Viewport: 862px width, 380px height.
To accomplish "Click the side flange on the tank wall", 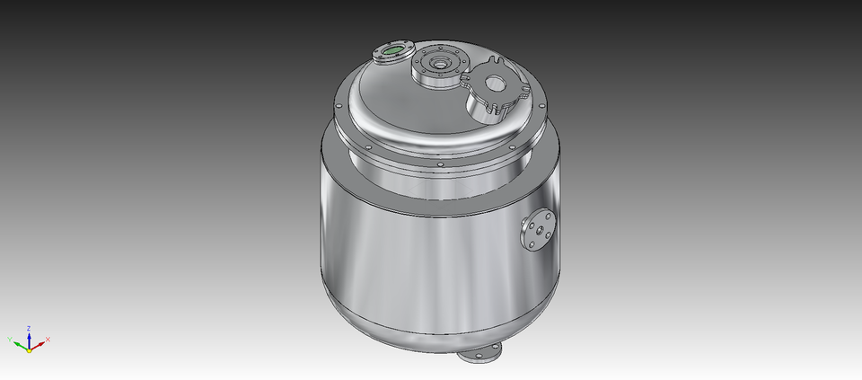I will [x=536, y=231].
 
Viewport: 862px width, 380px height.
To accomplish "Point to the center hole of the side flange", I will [x=536, y=232].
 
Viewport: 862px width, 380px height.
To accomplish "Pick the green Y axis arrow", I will [x=18, y=341].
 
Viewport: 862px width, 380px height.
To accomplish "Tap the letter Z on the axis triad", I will [x=29, y=328].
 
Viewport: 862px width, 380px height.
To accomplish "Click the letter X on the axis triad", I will [x=48, y=339].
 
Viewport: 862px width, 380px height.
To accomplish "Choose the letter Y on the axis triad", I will [x=10, y=339].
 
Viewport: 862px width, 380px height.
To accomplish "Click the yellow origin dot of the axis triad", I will [x=29, y=349].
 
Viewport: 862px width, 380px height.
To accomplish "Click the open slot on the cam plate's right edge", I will [x=521, y=91].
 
